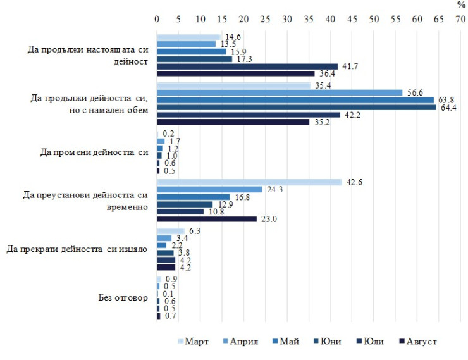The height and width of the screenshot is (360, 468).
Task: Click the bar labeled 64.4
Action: [x=296, y=107]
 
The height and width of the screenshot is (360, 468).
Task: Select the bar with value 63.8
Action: [x=295, y=100]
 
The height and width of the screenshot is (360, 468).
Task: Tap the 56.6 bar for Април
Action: [x=280, y=92]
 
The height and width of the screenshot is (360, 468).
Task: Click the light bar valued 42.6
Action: [x=249, y=182]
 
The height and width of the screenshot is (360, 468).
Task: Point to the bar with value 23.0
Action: [x=207, y=219]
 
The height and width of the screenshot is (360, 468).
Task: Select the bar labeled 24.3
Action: [x=209, y=190]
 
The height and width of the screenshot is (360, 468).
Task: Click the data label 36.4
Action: [x=327, y=73]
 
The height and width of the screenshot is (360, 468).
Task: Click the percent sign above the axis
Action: [x=460, y=5]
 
